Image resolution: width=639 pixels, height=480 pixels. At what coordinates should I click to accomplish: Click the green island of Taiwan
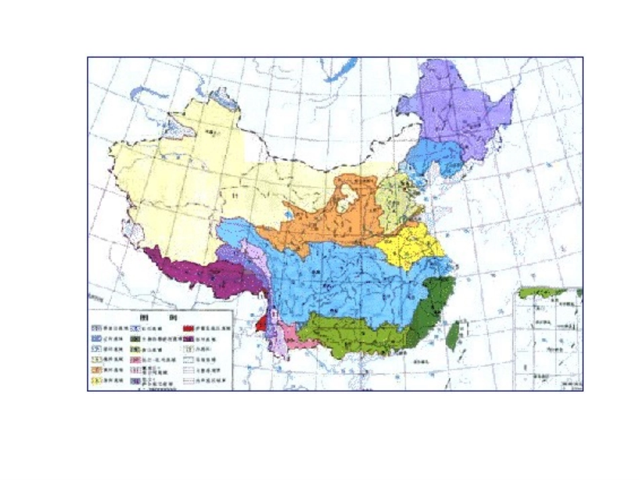[x=454, y=335]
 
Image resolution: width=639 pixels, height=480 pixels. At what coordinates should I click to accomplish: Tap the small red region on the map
[x=261, y=324]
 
